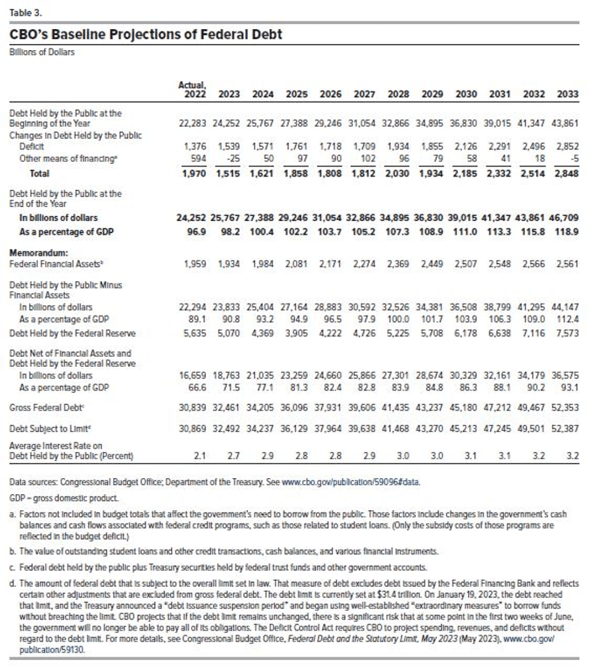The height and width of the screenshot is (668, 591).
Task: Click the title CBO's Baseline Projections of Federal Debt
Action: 146,34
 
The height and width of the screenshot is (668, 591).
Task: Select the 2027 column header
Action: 364,94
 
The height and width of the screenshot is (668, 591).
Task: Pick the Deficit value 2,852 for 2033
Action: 567,147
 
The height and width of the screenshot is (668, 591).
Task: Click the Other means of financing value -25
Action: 229,159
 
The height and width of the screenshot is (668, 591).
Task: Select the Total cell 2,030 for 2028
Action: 398,174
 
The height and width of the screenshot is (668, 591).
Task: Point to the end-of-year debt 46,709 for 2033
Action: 565,218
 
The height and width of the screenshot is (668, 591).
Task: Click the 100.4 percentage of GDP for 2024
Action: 263,232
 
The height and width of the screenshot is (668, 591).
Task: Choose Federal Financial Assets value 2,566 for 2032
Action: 534,264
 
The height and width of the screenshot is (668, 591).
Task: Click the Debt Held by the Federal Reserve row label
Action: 72,333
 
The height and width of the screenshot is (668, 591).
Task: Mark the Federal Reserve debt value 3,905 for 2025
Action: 297,333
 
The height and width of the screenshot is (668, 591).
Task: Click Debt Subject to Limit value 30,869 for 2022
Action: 192,429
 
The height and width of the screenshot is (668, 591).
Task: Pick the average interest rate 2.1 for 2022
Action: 200,456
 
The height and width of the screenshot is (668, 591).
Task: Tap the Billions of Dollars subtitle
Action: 42,53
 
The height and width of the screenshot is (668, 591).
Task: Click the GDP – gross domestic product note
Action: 64,498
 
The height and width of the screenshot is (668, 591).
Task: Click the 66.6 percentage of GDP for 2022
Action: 197,387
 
